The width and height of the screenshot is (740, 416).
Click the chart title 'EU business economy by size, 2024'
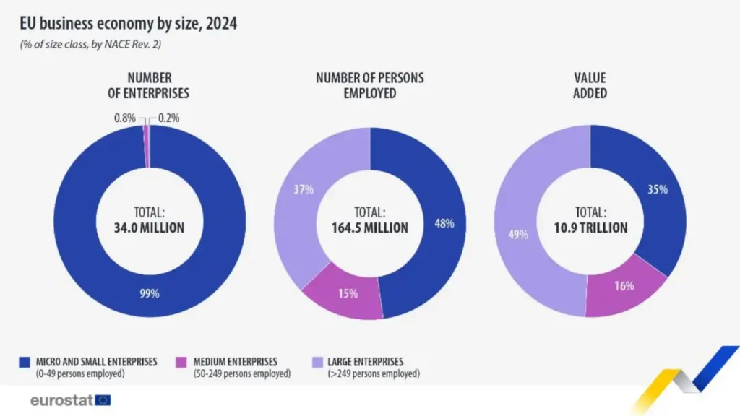(x=129, y=23)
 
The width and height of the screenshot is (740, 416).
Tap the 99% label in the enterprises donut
(x=150, y=293)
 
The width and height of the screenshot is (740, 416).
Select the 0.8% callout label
(x=124, y=118)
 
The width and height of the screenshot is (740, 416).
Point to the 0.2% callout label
(x=168, y=118)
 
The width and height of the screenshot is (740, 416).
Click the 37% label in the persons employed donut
(x=304, y=189)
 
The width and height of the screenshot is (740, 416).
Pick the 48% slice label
(x=444, y=223)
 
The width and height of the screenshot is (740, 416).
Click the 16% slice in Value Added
(x=623, y=287)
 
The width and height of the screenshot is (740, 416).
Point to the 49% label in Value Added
(x=518, y=235)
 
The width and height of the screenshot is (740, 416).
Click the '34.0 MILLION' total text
(x=149, y=227)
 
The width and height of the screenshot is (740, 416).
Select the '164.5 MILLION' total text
(x=369, y=227)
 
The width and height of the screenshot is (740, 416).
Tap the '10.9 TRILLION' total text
(x=590, y=227)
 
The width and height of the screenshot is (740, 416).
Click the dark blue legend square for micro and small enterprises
(x=25, y=362)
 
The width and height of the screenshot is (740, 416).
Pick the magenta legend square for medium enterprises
(x=181, y=362)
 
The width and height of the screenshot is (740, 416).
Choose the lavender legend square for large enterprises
(x=318, y=362)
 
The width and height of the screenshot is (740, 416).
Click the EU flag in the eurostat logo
(x=103, y=400)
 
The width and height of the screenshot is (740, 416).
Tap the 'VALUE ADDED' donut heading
(x=590, y=85)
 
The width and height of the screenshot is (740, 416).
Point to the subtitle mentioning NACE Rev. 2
(x=90, y=44)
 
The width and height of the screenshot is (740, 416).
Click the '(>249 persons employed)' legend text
(x=374, y=373)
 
